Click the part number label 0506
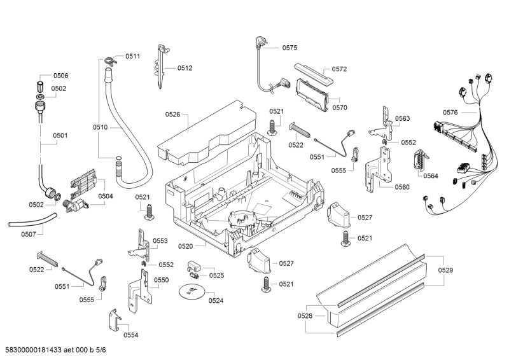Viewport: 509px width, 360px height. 60,76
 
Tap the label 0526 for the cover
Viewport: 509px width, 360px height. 172,114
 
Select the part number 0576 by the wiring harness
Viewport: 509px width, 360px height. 450,113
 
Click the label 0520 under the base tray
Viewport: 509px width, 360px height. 185,245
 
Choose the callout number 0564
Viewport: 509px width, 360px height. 431,176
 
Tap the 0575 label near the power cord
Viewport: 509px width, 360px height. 289,48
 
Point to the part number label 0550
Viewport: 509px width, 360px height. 161,280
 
